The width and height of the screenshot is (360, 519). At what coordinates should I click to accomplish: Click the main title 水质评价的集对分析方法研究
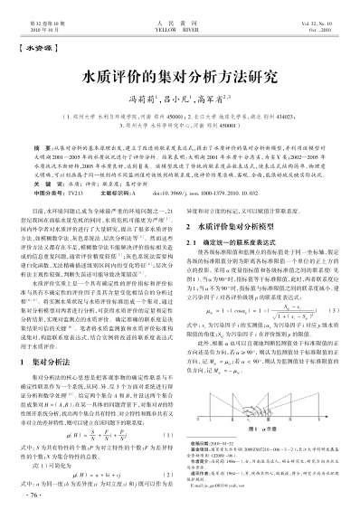tap(180, 72)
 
